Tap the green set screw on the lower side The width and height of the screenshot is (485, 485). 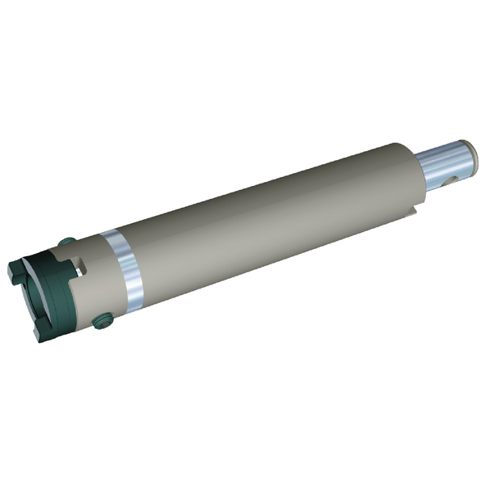[102, 321]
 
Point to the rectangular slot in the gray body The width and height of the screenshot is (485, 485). [80, 264]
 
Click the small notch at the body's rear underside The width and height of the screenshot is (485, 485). [412, 214]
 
